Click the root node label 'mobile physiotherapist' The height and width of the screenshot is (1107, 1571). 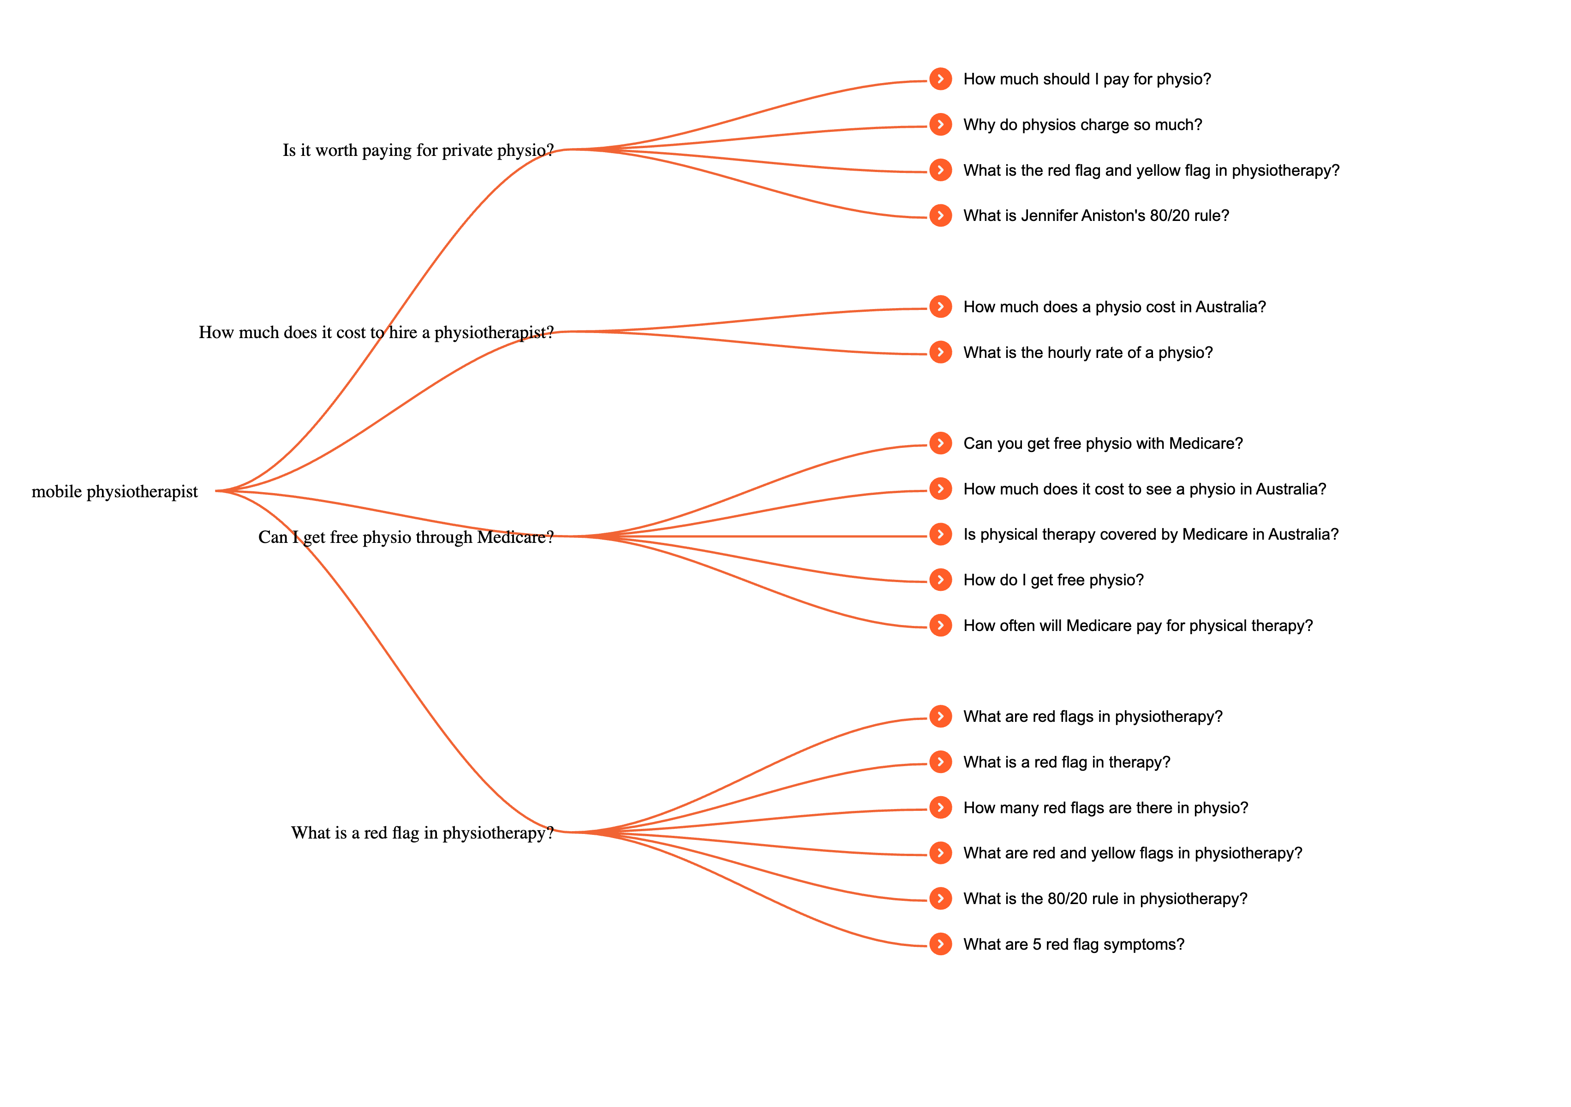[114, 491]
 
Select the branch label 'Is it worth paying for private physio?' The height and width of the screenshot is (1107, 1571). [418, 150]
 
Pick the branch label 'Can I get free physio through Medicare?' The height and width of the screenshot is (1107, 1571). [405, 537]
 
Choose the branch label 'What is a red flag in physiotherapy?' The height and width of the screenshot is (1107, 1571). [422, 833]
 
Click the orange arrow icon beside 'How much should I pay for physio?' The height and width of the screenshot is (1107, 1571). [940, 79]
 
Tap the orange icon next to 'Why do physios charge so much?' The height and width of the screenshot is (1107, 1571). [940, 125]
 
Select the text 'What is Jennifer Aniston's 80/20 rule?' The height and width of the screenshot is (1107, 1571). [1095, 215]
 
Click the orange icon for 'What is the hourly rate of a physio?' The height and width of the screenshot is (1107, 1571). [940, 352]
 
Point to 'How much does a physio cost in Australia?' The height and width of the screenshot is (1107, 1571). [1114, 307]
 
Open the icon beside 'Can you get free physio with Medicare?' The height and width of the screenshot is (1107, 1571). [940, 443]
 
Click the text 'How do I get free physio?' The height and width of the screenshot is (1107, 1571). [1053, 580]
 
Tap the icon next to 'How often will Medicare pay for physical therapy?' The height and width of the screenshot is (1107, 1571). [940, 625]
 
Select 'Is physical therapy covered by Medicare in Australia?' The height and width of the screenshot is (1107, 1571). [1150, 534]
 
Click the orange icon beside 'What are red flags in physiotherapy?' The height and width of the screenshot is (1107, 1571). [940, 716]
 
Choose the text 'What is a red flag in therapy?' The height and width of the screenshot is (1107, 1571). [1066, 762]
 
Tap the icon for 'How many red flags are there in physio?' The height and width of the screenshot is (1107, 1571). [940, 807]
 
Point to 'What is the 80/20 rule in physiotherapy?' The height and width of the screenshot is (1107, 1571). [1105, 899]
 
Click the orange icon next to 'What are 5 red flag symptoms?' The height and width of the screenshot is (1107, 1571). [940, 944]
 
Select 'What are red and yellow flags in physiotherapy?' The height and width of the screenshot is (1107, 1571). [1132, 853]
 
